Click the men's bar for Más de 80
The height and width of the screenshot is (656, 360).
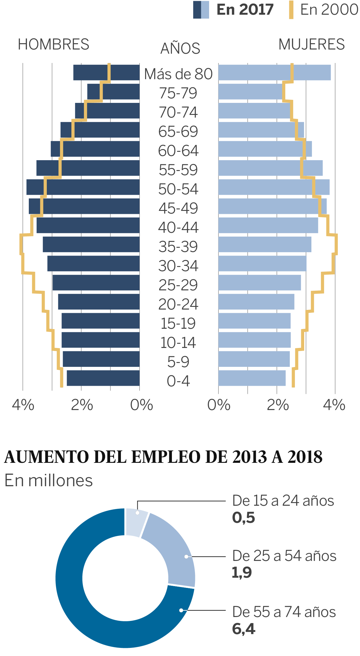[x=106, y=72]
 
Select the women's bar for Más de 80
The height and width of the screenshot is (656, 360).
[x=274, y=72]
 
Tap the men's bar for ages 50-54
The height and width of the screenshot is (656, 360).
[x=83, y=187]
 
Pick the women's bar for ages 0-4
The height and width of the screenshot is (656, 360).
[x=252, y=378]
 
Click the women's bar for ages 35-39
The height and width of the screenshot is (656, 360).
[x=265, y=244]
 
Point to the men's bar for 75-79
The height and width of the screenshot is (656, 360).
[x=113, y=91]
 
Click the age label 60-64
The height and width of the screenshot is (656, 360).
[x=178, y=151]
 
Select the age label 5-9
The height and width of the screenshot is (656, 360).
[x=178, y=362]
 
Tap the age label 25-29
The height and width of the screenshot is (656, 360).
[x=178, y=285]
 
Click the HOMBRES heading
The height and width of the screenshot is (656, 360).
[x=54, y=44]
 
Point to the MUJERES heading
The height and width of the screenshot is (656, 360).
[x=311, y=44]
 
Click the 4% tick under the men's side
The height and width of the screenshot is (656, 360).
[x=23, y=405]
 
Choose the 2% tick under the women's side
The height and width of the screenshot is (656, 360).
[x=277, y=405]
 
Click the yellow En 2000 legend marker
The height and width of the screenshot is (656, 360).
[x=291, y=10]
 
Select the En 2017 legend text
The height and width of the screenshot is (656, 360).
[x=245, y=10]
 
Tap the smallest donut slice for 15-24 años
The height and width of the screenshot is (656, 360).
[x=136, y=522]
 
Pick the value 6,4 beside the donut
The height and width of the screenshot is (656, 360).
[x=243, y=629]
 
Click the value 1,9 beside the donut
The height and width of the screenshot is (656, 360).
[x=242, y=572]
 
